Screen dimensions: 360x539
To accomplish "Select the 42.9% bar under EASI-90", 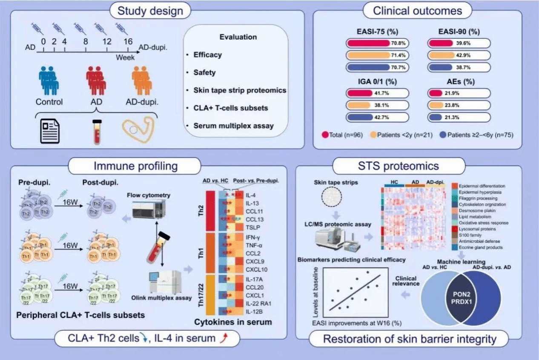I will [458, 55].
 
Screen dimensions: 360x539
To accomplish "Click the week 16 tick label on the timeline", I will [127, 42].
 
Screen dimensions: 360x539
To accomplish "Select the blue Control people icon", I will [49, 80].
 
